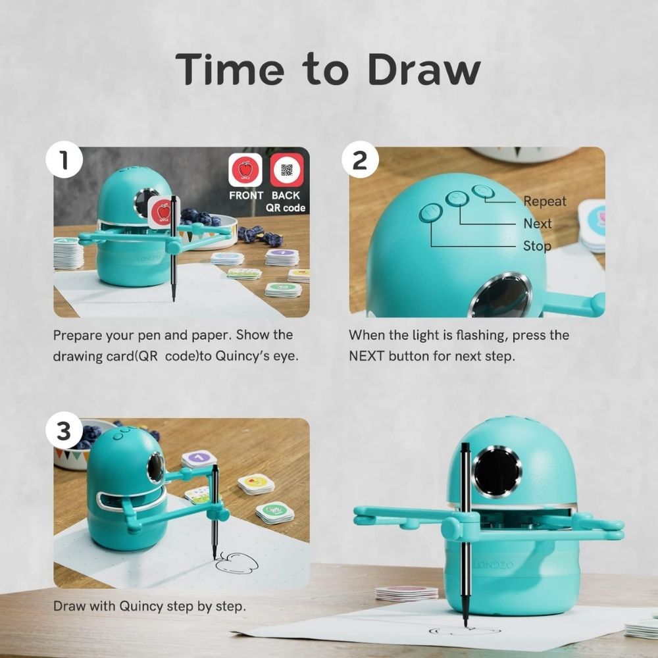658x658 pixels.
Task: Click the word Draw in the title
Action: click(x=424, y=70)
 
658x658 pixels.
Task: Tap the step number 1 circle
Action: click(x=64, y=160)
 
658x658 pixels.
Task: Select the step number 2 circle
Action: click(x=360, y=160)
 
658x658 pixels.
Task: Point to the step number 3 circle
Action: click(x=64, y=430)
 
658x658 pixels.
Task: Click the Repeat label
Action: click(x=545, y=201)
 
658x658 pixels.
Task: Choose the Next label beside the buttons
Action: click(x=538, y=224)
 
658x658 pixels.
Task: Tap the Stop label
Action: click(x=537, y=246)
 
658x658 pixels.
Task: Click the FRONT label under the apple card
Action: click(x=246, y=195)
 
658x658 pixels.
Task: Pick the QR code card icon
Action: click(x=287, y=170)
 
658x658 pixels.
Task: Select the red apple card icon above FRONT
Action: click(x=245, y=170)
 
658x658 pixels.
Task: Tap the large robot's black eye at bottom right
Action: click(x=497, y=472)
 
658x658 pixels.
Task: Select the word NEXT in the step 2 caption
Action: click(x=367, y=356)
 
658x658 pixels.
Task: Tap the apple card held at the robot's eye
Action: click(x=164, y=213)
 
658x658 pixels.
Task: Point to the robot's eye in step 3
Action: click(x=155, y=467)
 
